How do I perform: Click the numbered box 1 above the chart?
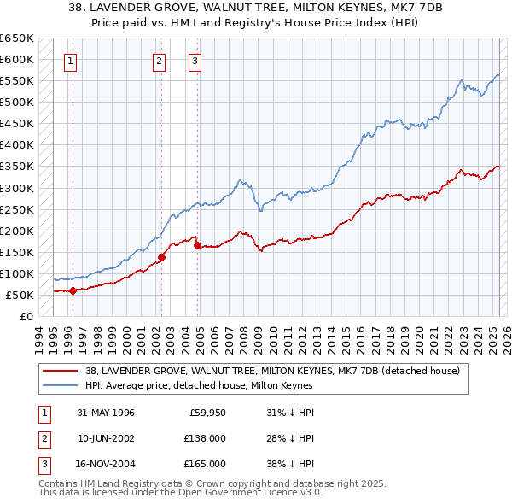(69, 61)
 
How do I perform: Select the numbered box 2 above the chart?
(159, 61)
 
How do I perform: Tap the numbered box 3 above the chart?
(195, 61)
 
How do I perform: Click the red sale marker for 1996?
(73, 290)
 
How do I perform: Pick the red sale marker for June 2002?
(161, 256)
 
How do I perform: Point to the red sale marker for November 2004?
(198, 245)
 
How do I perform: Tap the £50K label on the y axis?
(20, 295)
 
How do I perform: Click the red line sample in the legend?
(61, 371)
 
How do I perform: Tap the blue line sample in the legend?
(61, 385)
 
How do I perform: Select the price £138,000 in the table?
(205, 438)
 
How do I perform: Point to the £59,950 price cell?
(207, 413)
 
